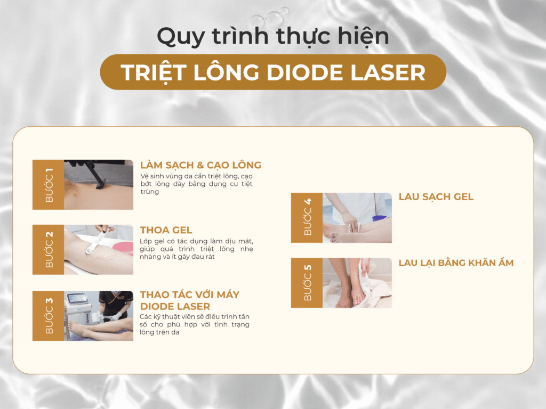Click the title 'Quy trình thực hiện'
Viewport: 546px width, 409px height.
pos(272,36)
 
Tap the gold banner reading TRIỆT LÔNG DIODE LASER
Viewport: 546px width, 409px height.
pos(272,72)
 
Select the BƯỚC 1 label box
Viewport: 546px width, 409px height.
pos(49,184)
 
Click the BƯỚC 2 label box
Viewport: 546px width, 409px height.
pos(49,249)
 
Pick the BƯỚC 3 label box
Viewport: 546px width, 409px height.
pos(49,315)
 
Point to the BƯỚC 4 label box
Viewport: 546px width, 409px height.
pos(307,217)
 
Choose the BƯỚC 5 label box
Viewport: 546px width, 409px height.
pos(307,283)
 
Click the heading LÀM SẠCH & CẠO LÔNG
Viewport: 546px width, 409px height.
pos(200,165)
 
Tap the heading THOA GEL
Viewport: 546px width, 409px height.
pos(166,230)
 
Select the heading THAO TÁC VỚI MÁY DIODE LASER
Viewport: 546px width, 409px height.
pos(190,300)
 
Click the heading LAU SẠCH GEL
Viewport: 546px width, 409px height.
pos(436,197)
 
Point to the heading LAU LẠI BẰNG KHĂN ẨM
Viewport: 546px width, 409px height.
pos(456,263)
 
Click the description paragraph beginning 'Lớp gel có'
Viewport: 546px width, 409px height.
pos(196,249)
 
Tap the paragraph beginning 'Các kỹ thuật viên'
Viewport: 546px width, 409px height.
pos(195,324)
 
